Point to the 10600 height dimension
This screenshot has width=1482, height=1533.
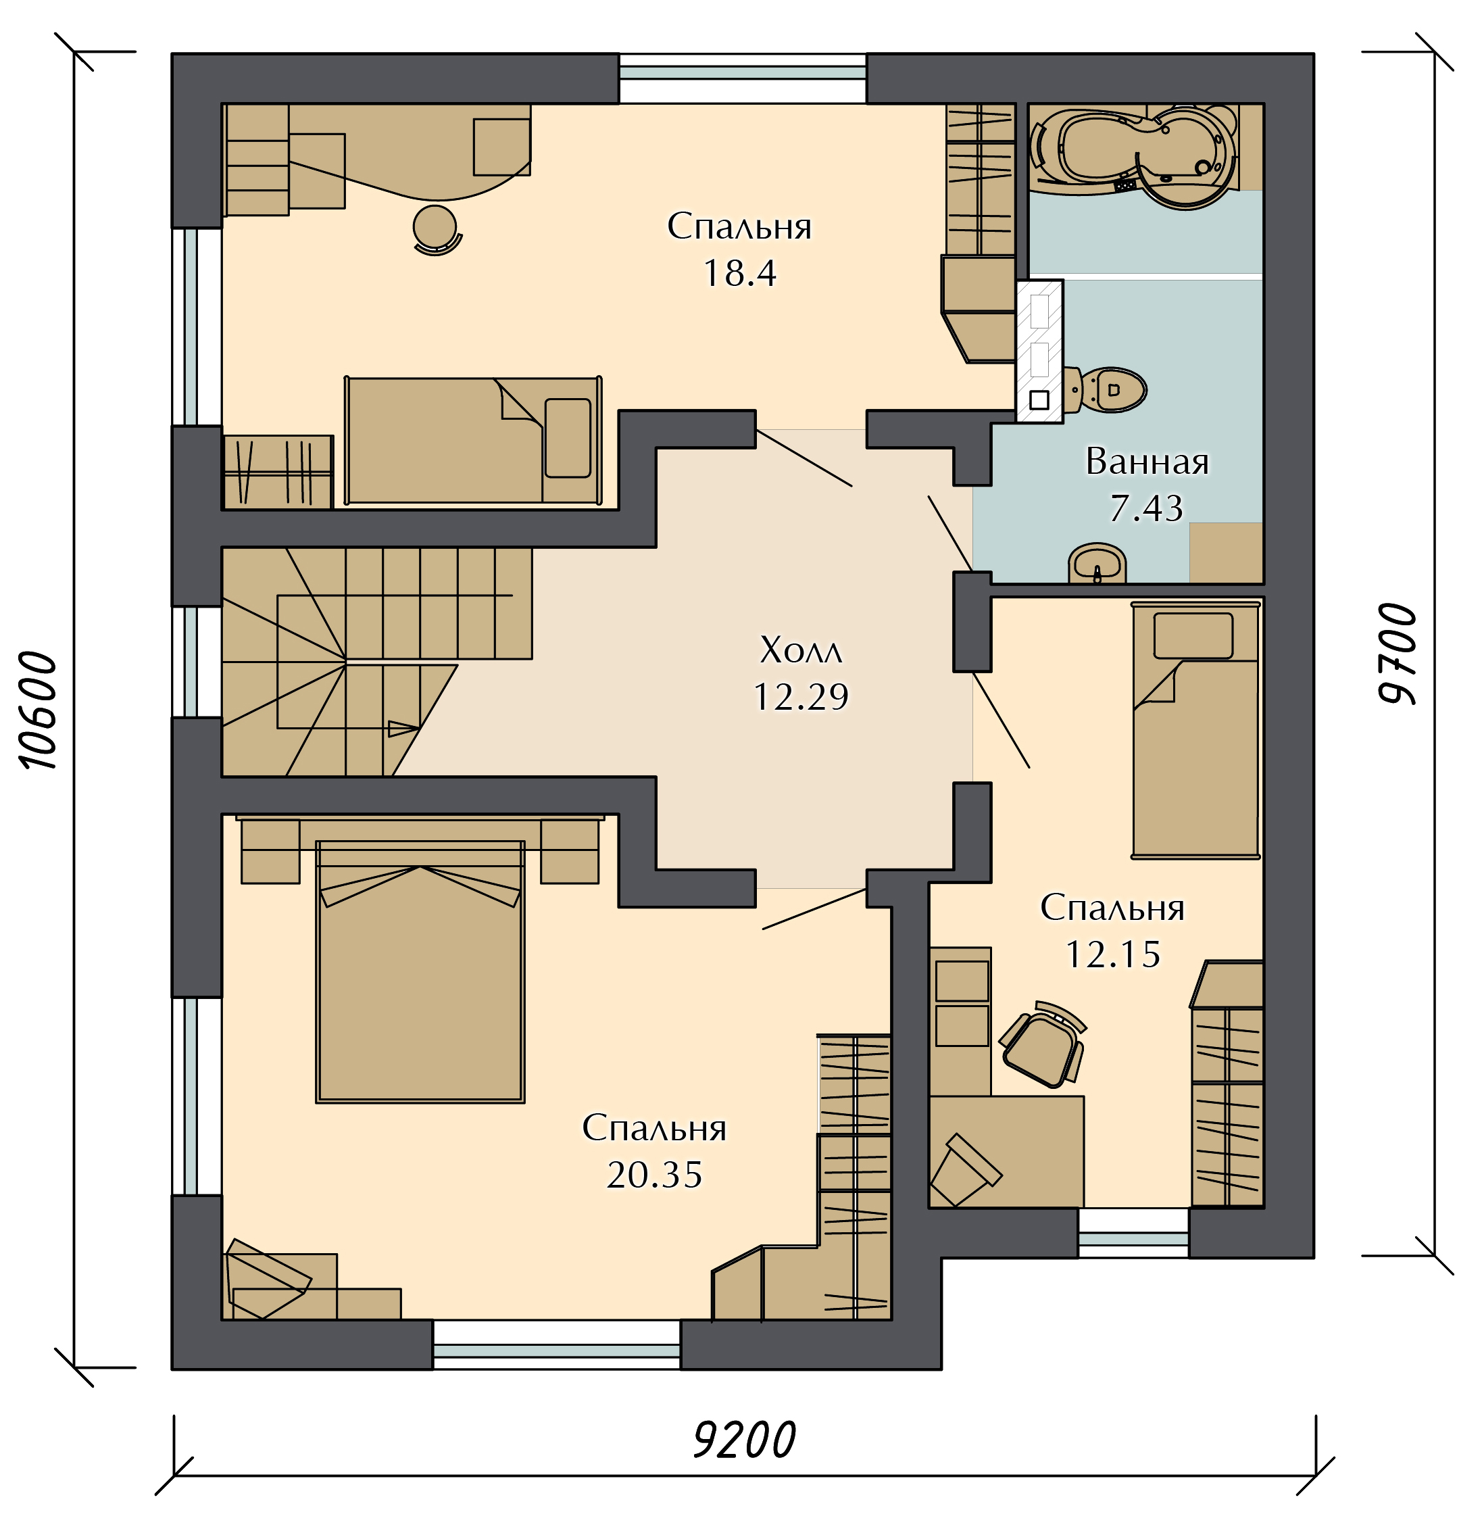tap(39, 710)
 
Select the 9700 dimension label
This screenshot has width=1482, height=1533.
tap(1397, 654)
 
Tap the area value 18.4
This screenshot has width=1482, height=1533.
tap(740, 273)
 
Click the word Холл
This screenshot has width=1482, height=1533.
tap(801, 650)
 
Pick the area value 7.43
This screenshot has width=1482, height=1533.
tap(1147, 508)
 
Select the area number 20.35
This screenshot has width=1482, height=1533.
tap(655, 1174)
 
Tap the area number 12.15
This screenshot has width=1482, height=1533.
tap(1114, 954)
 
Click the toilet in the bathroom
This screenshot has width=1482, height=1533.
tap(1104, 389)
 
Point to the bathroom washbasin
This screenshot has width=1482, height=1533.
tap(1097, 563)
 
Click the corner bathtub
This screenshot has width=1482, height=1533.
tap(1133, 155)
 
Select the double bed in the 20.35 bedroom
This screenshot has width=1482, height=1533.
tap(420, 971)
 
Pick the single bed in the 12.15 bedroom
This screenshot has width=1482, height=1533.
tap(1195, 730)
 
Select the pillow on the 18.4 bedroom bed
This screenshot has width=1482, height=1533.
tap(568, 438)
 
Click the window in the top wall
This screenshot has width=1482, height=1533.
tap(742, 78)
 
